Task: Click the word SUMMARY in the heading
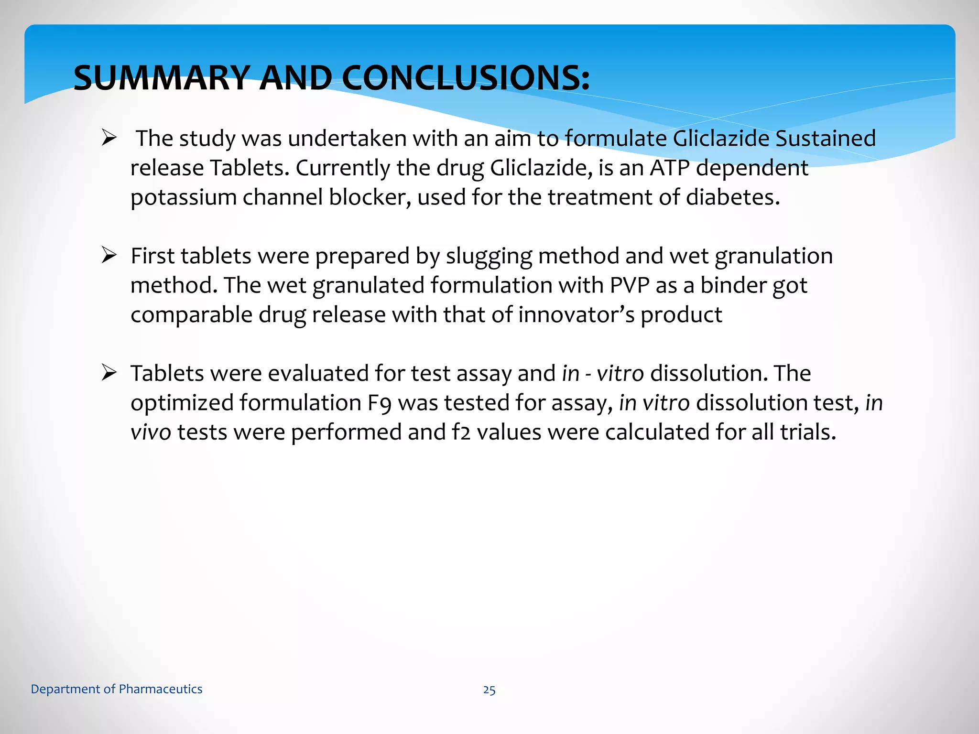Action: click(162, 78)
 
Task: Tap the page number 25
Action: click(489, 690)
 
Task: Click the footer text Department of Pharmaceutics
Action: click(117, 689)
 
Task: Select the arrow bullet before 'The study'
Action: click(109, 139)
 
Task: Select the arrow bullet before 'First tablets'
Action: click(109, 256)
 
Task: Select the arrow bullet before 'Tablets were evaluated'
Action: click(109, 373)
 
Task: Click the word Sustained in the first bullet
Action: click(825, 139)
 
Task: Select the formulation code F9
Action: click(380, 403)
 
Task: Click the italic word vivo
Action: click(151, 432)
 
